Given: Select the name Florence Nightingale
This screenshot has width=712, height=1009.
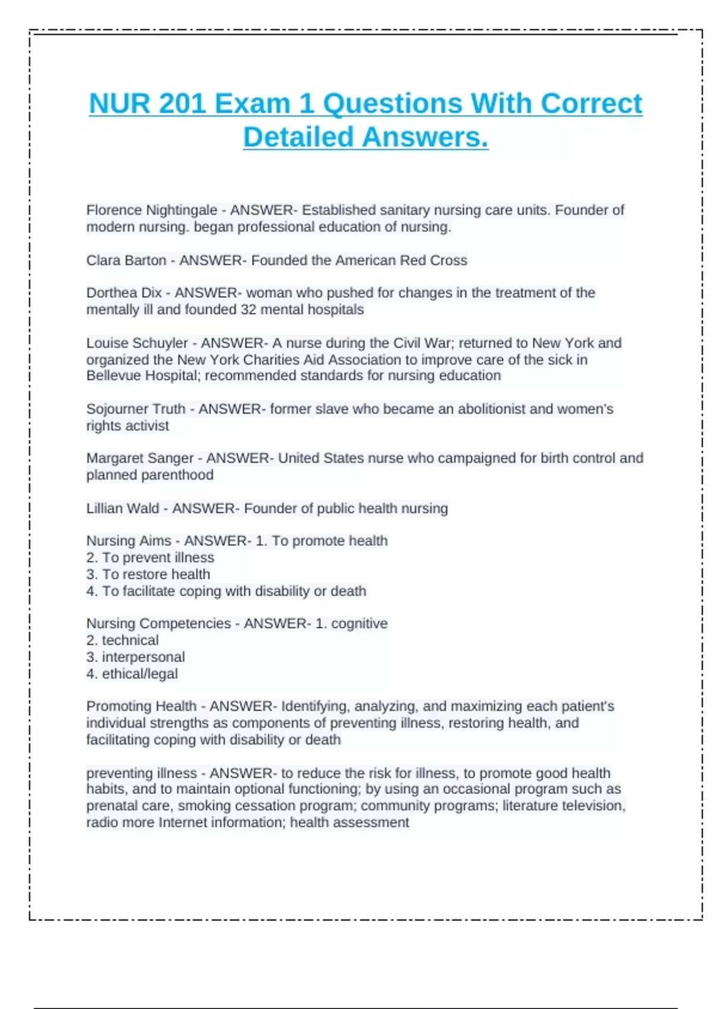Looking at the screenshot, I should (x=151, y=210).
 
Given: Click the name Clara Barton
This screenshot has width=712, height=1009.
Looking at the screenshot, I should (x=126, y=261).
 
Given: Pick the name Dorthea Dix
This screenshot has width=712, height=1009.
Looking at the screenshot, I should (x=123, y=293).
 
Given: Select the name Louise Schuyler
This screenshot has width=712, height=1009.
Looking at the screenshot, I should (x=136, y=343).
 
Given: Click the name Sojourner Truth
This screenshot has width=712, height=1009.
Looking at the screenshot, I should (x=136, y=409).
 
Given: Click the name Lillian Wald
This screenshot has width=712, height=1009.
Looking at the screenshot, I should (x=122, y=509).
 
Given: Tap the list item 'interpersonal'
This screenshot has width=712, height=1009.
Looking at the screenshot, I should (x=143, y=657).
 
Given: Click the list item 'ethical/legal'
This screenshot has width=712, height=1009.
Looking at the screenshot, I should (x=139, y=674).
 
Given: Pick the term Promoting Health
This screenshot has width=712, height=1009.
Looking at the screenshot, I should (x=141, y=706).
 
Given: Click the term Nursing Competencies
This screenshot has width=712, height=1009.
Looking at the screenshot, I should (x=158, y=624).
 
